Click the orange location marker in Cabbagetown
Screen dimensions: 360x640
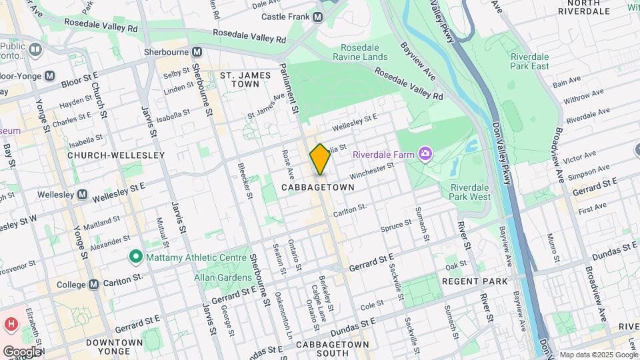tap(320, 159)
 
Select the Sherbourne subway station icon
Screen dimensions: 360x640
tap(197, 51)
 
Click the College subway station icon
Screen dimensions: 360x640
tap(93, 284)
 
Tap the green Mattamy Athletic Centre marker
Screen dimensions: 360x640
tap(135, 256)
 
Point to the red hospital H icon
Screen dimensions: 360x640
tap(10, 325)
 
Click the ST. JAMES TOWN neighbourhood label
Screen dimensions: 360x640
tap(246, 80)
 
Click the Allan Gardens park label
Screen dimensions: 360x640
tap(220, 277)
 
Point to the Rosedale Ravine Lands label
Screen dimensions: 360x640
tap(364, 52)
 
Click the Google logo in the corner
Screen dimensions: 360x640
tap(22, 352)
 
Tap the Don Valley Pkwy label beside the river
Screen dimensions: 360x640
tap(505, 153)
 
